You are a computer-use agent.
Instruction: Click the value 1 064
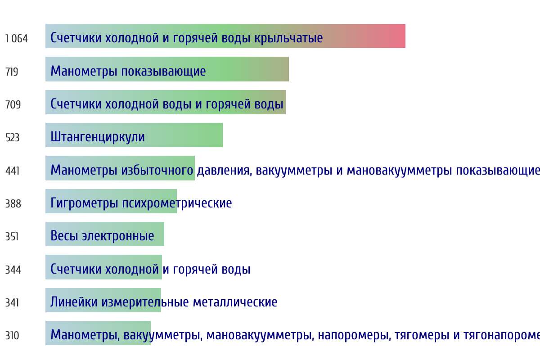pos(16,39)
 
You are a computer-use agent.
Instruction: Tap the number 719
pos(12,72)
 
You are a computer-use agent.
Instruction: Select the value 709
pos(13,105)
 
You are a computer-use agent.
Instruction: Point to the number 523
pos(12,138)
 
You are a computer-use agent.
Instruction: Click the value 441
pos(12,171)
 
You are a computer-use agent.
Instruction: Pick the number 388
pos(13,204)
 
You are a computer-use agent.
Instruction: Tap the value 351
pos(12,237)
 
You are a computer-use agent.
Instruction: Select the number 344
pos(13,270)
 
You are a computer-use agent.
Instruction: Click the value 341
pos(12,302)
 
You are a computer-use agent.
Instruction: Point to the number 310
pos(12,336)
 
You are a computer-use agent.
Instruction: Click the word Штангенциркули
pos(98,137)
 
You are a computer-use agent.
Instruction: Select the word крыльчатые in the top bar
pos(288,38)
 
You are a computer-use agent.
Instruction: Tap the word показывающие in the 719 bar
pos(163,72)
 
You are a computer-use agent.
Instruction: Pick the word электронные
pos(118,236)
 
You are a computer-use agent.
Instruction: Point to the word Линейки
pos(74,302)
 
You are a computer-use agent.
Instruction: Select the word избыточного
pos(157,170)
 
